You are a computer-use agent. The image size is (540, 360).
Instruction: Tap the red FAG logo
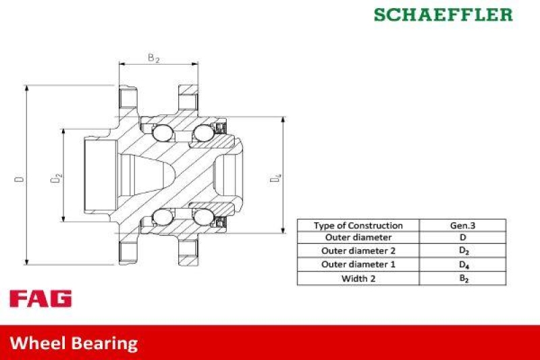tap(40, 299)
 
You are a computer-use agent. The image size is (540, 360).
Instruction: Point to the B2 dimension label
tap(154, 58)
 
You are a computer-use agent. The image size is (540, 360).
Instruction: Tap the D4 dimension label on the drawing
tap(275, 179)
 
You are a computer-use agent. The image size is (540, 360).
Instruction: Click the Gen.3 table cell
tap(462, 226)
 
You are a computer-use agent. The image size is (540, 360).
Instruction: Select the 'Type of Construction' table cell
tap(358, 226)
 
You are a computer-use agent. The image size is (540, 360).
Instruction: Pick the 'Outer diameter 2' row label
tap(358, 251)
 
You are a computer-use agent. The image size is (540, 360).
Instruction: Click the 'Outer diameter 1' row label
tap(358, 264)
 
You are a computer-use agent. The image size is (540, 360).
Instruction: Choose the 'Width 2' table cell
tap(358, 278)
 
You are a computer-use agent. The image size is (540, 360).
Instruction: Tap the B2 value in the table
tap(462, 278)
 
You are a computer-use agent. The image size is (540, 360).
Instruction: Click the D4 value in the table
tap(462, 264)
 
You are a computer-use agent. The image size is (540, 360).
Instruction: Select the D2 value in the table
tap(462, 251)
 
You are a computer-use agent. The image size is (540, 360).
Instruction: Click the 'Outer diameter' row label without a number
tap(358, 238)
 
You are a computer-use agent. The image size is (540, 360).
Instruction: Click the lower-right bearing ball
tap(202, 217)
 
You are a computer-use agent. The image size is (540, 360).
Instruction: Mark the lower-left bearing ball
tap(163, 217)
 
